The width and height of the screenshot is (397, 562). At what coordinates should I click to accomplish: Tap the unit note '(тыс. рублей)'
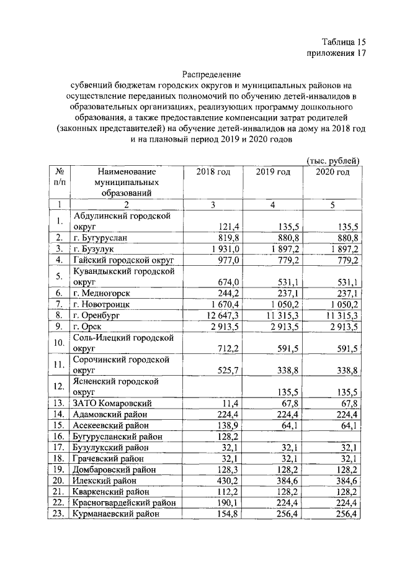[334, 160]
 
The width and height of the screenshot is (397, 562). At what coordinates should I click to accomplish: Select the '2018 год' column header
[213, 172]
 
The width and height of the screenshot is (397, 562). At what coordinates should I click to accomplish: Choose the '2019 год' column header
[273, 172]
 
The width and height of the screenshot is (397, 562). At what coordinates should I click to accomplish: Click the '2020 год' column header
[332, 172]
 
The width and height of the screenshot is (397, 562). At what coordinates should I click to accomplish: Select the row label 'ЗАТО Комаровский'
[112, 403]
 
